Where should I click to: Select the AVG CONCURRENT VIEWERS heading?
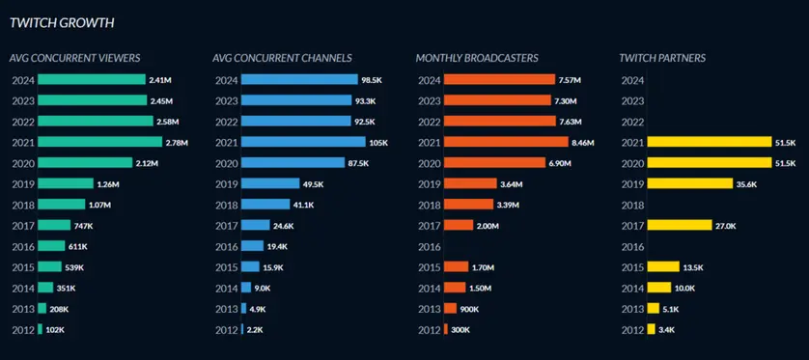pos(74,58)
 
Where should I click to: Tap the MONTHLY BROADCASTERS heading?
pos(477,58)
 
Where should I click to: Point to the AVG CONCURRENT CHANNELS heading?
pos(282,58)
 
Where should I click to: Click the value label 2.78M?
pos(178,143)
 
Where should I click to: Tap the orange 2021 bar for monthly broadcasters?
pos(506,142)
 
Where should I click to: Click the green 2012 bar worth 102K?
pos(40,330)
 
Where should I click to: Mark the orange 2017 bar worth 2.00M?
pos(459,225)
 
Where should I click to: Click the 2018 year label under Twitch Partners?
pos(632,205)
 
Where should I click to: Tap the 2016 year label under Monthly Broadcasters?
pos(429,246)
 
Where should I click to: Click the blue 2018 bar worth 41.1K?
pos(265,205)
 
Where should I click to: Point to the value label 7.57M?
pos(572,80)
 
